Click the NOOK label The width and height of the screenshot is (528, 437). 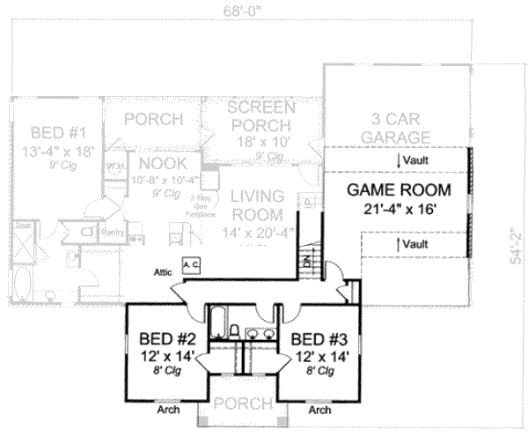point(157,164)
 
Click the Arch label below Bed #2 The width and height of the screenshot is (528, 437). point(167,410)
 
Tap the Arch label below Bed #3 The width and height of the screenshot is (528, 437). point(320,410)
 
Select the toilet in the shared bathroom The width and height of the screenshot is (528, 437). point(236,332)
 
